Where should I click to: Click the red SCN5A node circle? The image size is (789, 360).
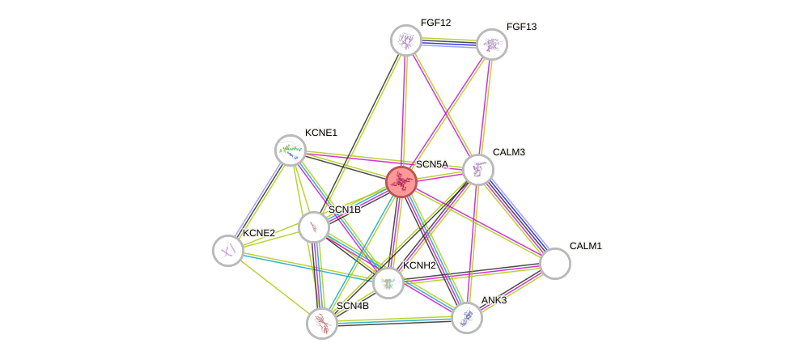point(401,182)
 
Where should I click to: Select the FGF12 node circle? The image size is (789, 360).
point(406,40)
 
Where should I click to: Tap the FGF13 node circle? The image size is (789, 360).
point(492,44)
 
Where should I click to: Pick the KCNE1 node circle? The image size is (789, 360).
point(291,150)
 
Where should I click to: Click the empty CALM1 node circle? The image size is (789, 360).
point(555,264)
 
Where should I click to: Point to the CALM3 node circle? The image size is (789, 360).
point(478,170)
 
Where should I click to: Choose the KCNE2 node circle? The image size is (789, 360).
point(228,251)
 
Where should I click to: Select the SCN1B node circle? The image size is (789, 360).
point(314,227)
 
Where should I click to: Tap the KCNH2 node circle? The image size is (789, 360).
point(388,282)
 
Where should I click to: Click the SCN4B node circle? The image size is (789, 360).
point(322,324)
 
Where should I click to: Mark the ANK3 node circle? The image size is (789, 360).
point(467,318)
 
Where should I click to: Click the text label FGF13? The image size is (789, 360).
point(522,28)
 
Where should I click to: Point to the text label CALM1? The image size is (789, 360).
point(586,247)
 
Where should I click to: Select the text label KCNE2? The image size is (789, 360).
point(259,233)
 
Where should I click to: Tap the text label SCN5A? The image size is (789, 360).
point(432,164)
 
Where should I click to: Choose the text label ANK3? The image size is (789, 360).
point(494,301)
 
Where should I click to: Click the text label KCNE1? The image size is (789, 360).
point(321,133)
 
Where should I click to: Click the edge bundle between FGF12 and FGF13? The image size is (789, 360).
point(449,43)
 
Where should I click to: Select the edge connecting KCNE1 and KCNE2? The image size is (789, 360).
point(260,200)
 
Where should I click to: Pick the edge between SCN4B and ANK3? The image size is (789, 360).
point(395,321)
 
